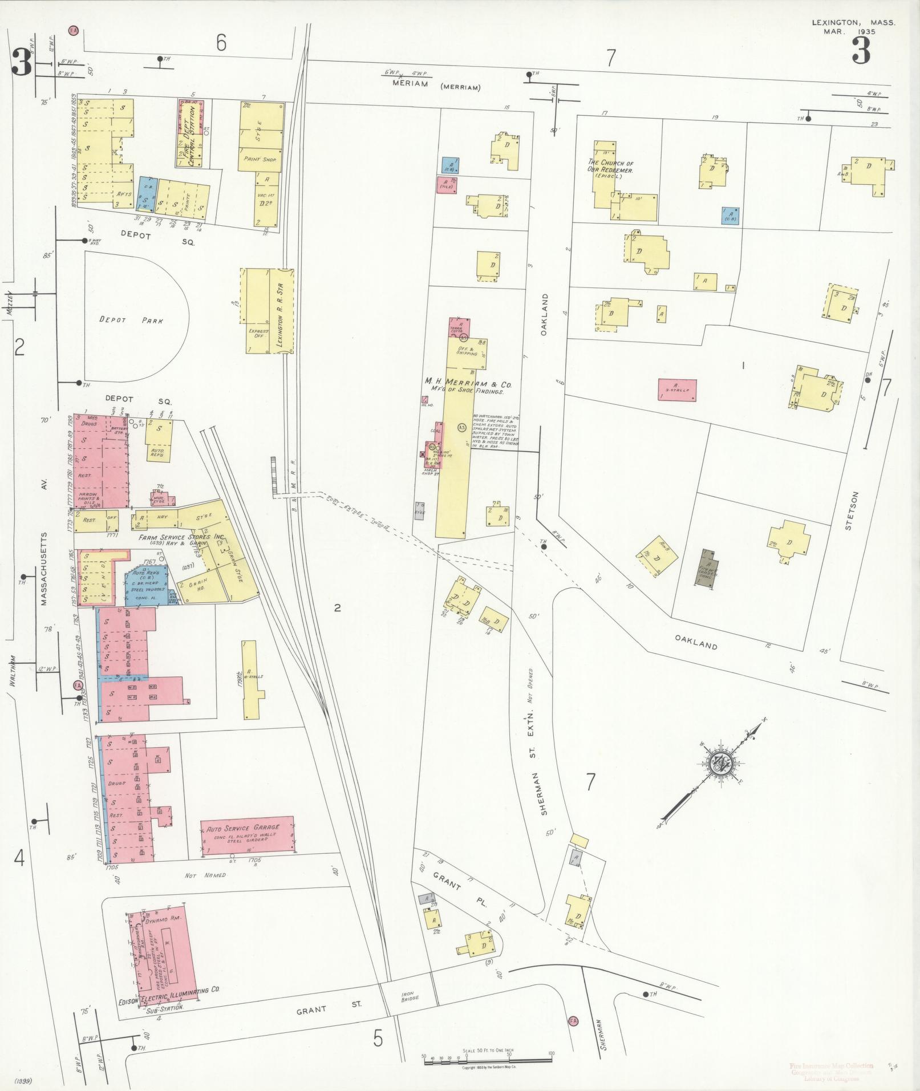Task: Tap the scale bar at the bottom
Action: (x=488, y=1059)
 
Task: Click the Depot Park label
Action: (x=131, y=321)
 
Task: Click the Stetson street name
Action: (x=848, y=512)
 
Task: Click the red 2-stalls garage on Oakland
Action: (x=677, y=390)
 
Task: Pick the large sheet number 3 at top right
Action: (x=861, y=51)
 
